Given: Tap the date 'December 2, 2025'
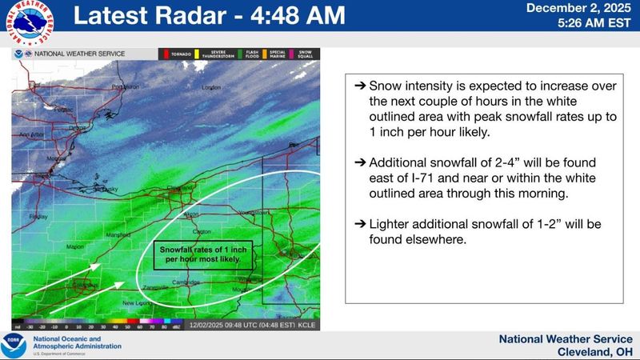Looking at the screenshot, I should (x=581, y=8).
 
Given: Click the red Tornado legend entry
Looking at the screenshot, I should (x=178, y=54).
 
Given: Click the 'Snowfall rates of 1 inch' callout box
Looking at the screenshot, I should (x=203, y=254).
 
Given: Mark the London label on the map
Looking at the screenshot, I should (x=211, y=87).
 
